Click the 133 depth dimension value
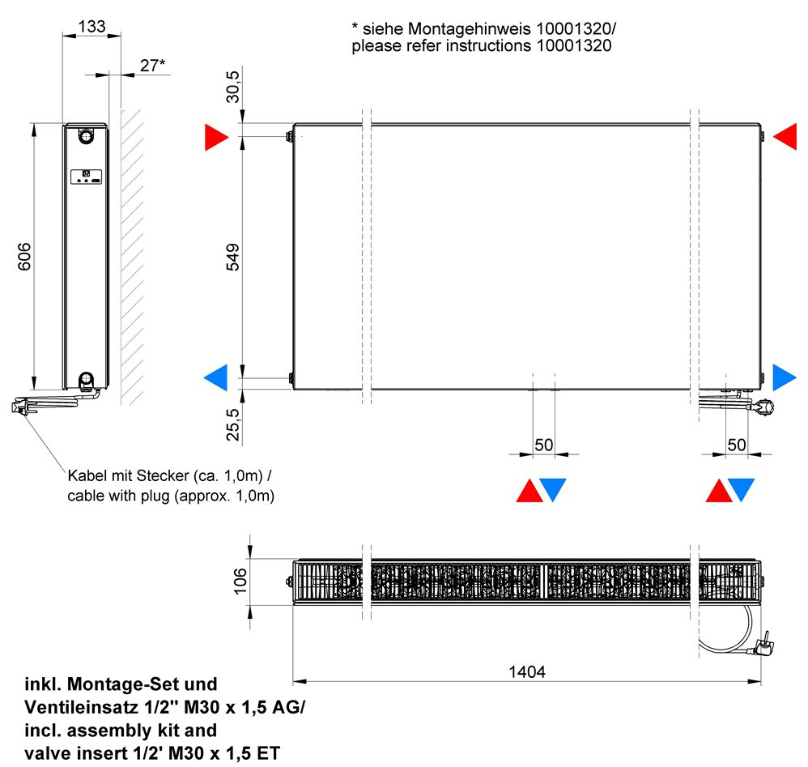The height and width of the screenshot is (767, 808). point(91,26)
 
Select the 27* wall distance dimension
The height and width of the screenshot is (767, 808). point(151,65)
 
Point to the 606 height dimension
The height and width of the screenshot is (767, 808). point(23,257)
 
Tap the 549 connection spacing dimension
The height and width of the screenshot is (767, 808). point(233,257)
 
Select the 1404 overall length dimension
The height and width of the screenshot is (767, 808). point(526,671)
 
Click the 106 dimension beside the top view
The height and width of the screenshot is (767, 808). point(237,581)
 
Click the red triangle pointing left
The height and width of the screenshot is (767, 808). point(785,138)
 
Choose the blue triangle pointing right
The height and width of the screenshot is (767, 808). point(784,377)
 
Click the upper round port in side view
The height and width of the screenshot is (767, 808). point(85,137)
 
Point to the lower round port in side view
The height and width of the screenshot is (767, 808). point(85,378)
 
